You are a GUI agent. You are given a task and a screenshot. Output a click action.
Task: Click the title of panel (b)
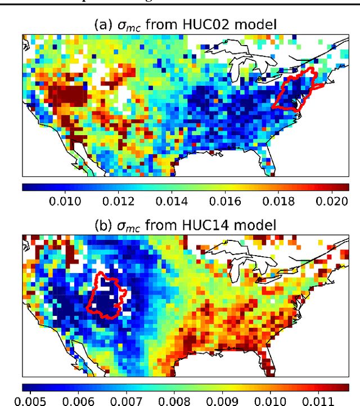[x=185, y=225]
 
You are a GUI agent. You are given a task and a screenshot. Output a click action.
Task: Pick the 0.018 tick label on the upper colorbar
[x=293, y=202]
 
